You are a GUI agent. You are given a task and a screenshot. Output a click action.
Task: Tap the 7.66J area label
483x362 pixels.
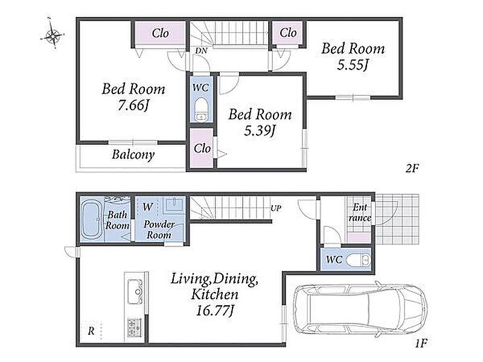click(133, 105)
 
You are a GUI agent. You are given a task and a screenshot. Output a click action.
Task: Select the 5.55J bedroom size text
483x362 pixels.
click(353, 65)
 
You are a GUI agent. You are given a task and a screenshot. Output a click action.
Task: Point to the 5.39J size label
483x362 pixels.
click(260, 130)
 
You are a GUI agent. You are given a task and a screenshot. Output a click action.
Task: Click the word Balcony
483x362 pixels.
click(133, 154)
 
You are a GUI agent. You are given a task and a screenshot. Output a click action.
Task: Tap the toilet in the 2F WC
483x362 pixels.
click(202, 109)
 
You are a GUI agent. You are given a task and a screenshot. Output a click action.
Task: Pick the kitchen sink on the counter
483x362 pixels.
click(135, 291)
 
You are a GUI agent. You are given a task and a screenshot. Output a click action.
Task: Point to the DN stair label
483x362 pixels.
click(201, 51)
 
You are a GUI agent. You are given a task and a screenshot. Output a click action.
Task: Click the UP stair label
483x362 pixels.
click(276, 208)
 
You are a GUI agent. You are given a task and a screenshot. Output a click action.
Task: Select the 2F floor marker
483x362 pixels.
click(412, 168)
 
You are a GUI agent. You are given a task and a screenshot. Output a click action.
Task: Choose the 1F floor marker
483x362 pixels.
click(421, 343)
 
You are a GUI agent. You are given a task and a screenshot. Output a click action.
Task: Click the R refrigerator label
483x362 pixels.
click(91, 331)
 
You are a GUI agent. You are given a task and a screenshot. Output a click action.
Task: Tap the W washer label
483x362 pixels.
click(147, 206)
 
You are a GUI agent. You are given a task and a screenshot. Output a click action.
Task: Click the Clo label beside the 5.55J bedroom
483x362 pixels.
click(289, 33)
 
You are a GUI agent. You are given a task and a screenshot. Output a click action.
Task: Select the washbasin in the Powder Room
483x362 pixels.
click(174, 205)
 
